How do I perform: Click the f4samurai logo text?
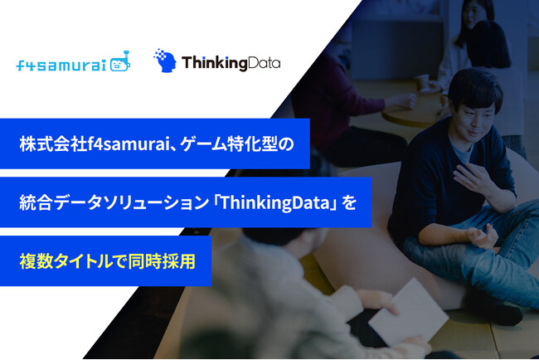[x=60, y=65]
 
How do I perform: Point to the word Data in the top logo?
[x=264, y=62]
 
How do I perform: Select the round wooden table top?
[x=415, y=112]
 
